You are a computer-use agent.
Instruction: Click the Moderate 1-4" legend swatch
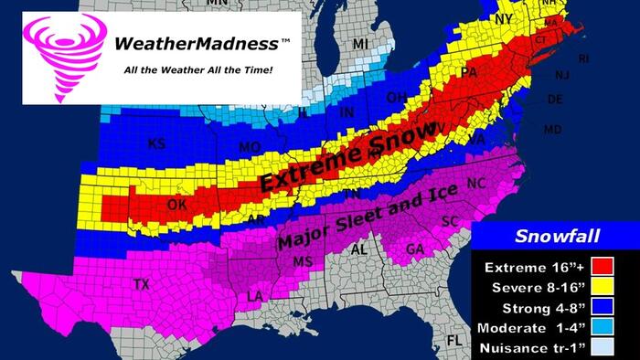tap(603, 327)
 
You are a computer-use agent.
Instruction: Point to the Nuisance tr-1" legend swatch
tap(603, 348)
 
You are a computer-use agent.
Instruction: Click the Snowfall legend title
tap(557, 237)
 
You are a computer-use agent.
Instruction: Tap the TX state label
tap(142, 285)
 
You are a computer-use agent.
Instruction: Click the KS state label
tap(158, 143)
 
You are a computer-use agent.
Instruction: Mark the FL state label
tap(453, 341)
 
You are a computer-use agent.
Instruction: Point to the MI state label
tap(360, 44)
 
